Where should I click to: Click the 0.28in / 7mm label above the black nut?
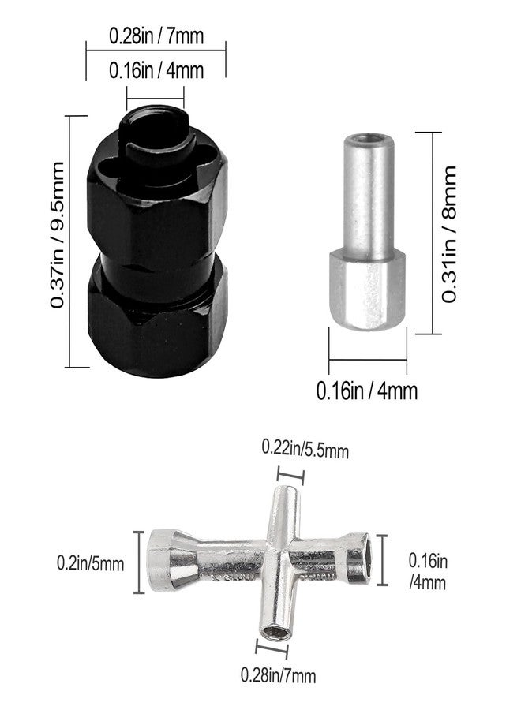(156, 35)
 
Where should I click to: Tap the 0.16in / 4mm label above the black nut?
(156, 71)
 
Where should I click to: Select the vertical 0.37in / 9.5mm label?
(58, 235)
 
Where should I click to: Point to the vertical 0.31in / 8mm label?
(449, 234)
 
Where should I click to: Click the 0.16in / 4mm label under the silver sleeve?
(367, 390)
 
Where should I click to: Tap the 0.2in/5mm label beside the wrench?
(90, 564)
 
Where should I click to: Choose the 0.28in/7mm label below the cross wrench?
(278, 675)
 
